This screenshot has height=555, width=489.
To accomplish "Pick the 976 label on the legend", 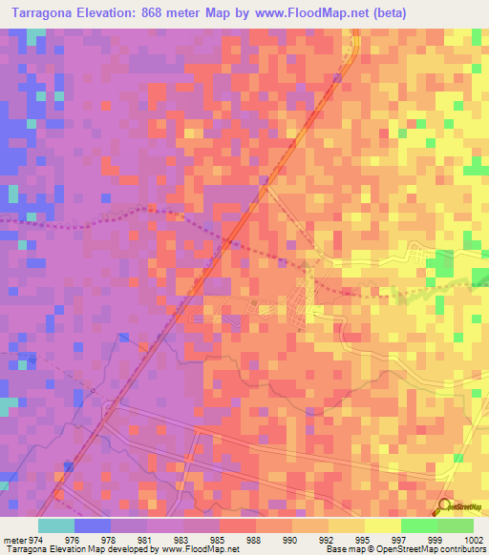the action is (x=93, y=540).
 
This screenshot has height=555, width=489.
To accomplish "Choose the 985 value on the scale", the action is (x=217, y=540).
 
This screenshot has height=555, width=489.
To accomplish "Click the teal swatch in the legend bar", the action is (x=55, y=525).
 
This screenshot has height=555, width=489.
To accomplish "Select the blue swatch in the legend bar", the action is (x=92, y=525).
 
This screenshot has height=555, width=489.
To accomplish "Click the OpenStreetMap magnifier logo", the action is (x=444, y=505).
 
